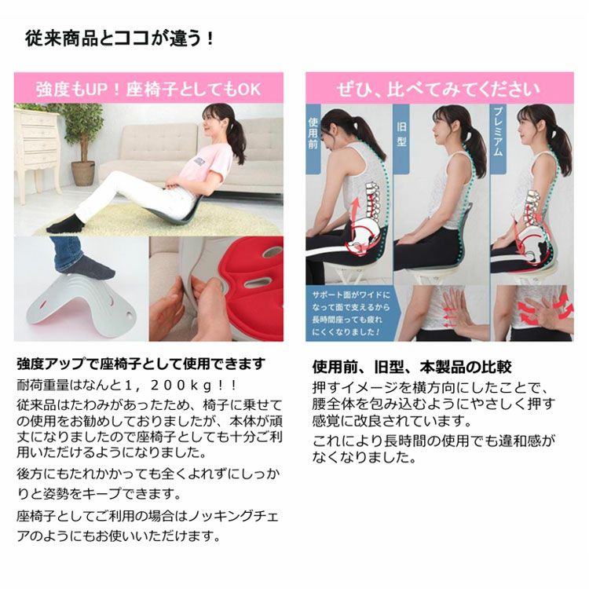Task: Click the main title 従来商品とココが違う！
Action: click(119, 39)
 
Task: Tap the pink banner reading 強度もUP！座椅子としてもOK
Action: click(148, 88)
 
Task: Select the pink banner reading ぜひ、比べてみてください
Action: click(440, 88)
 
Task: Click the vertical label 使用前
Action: click(313, 133)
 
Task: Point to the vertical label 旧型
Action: click(401, 134)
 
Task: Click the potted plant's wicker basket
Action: click(83, 174)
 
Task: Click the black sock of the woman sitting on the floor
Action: click(65, 225)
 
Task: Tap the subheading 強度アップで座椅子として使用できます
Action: click(141, 364)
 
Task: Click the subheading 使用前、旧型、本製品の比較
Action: click(412, 367)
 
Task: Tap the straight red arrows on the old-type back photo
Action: click(451, 318)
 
